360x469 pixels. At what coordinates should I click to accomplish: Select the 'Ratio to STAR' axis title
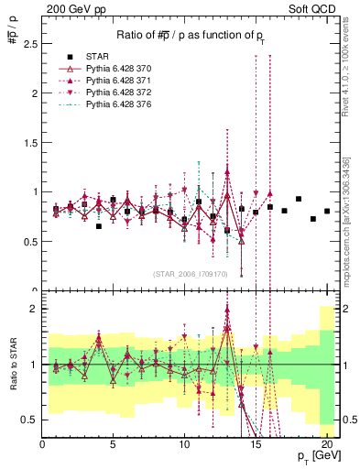tap(14, 366)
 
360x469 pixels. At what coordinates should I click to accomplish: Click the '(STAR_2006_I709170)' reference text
tap(191, 274)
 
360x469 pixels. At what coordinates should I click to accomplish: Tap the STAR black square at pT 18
tap(299, 199)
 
